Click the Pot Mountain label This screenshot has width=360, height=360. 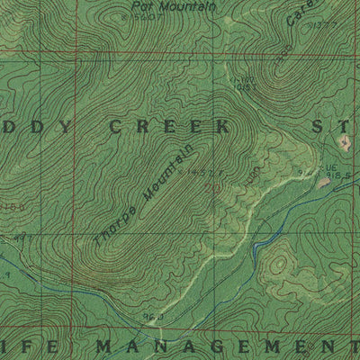184,5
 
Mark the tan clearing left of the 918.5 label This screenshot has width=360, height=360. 321,183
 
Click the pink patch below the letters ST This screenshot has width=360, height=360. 344,141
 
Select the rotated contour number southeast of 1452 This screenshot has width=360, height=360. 251,174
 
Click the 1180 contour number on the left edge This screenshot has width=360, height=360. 9,206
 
